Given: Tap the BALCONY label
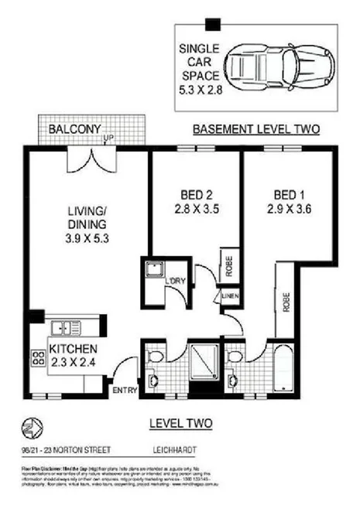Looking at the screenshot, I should (x=71, y=129).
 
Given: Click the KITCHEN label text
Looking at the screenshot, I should (x=74, y=354).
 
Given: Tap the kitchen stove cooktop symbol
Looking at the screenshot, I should (x=36, y=357).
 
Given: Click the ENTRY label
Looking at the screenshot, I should (x=124, y=390).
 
